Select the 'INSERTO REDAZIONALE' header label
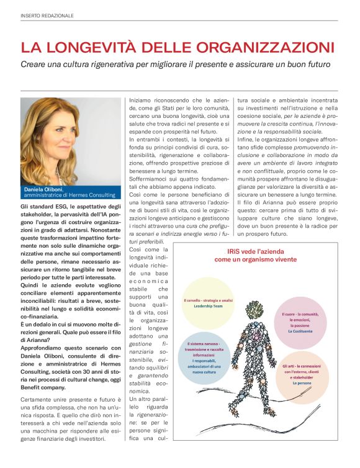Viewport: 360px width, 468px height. (x=47, y=15)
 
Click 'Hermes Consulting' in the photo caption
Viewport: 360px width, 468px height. (x=94, y=196)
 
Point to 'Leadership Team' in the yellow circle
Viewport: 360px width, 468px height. (x=207, y=307)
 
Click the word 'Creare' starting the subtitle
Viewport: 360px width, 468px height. (x=35, y=64)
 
